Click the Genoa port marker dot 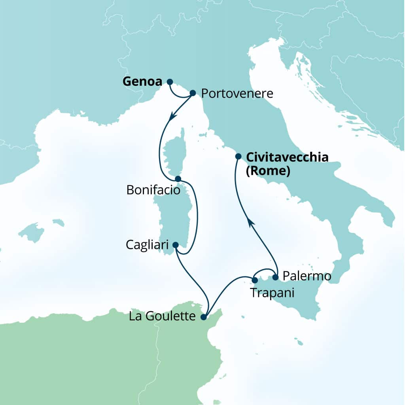coord(170,82)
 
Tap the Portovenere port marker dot coord(193,93)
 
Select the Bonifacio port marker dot coord(178,178)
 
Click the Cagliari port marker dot coord(176,245)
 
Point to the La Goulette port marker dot coord(204,317)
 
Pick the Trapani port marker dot coord(255,280)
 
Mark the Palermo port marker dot coord(276,276)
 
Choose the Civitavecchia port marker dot coord(238,156)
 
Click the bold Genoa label coord(142,82)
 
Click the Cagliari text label coord(148,245)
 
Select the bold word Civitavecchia coord(287,157)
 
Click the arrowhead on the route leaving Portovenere coord(172,116)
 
